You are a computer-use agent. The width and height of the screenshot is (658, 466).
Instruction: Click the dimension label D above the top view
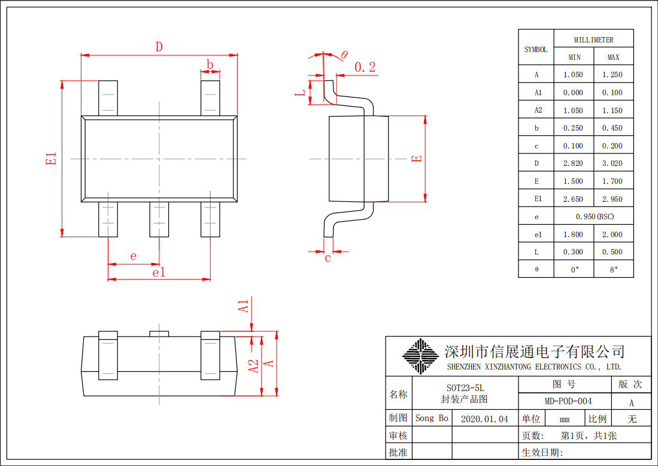[x=159, y=47]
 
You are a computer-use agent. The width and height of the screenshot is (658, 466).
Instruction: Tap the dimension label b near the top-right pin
[x=210, y=64]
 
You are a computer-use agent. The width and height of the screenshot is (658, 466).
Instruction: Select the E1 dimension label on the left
[x=51, y=158]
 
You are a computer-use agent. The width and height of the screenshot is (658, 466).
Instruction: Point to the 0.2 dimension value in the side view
[x=365, y=67]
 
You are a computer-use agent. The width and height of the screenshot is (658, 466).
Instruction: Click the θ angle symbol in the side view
[x=344, y=55]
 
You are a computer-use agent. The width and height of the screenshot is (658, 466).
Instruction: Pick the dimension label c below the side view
[x=328, y=258]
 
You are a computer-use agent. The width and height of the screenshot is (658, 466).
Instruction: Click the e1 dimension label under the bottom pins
[x=159, y=273]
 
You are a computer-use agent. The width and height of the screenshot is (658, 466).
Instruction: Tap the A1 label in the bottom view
[x=244, y=305]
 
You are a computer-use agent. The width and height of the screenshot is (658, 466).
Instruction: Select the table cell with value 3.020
[x=613, y=164]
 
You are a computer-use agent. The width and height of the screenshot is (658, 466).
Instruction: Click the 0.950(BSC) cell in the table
[x=594, y=216]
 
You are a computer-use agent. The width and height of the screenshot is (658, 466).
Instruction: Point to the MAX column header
[x=613, y=58]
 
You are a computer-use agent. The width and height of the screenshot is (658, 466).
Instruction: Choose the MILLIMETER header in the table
[x=593, y=40]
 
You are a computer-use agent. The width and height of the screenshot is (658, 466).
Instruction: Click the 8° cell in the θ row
[x=613, y=270]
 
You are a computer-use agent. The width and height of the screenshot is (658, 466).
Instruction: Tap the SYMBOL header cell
[x=536, y=49]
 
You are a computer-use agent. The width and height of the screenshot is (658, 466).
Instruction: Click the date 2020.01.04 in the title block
[x=485, y=419]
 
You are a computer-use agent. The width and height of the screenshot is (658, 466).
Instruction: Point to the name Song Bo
[x=432, y=418]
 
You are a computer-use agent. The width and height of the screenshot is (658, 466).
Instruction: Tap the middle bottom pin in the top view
[x=159, y=219]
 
